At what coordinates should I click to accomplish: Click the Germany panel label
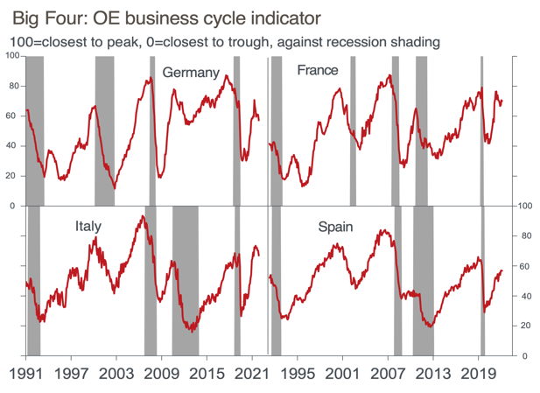[x=190, y=73]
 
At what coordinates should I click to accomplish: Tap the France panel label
[x=317, y=70]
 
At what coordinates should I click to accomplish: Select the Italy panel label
[x=88, y=227]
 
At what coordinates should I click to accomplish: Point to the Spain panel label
[x=335, y=228]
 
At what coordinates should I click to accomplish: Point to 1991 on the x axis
[x=26, y=373]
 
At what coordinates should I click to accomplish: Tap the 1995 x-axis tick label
[x=298, y=373]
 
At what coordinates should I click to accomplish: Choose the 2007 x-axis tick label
[x=388, y=373]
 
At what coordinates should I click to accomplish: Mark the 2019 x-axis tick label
[x=478, y=373]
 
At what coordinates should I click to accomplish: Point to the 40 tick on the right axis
[x=523, y=297]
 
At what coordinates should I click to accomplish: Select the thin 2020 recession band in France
[x=482, y=131]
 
